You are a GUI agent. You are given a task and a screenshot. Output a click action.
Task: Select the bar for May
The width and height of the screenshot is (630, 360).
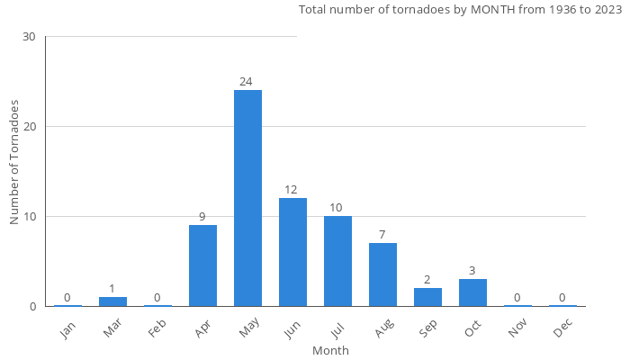pos(247,198)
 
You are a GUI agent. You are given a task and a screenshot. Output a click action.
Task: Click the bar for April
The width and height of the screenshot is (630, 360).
pos(202,265)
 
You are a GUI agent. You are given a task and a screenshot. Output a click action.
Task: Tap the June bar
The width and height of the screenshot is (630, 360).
pos(292,252)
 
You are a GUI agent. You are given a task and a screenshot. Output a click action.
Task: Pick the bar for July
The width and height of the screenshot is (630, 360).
pos(337,261)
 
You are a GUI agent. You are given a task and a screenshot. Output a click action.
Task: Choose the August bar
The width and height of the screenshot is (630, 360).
pos(382,274)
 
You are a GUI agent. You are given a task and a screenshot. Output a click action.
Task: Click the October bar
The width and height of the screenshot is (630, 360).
pos(472,292)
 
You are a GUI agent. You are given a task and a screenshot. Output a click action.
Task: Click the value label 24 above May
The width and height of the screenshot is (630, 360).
pos(246,82)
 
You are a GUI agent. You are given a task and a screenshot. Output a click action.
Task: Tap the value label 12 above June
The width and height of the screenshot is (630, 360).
pos(291,190)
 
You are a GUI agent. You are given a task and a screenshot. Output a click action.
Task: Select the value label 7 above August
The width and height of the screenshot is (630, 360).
pos(382,235)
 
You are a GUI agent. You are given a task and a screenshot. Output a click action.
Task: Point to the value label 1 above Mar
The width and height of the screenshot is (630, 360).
pos(112,289)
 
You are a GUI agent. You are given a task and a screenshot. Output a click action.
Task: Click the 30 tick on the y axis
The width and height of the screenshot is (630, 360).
pos(29,37)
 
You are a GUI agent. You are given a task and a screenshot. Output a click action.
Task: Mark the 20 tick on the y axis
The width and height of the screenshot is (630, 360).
pos(29,127)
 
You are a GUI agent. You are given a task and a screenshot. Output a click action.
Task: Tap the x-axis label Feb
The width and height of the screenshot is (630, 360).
pos(157,328)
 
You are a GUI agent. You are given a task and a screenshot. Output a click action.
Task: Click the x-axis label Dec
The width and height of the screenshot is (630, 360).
pos(562,328)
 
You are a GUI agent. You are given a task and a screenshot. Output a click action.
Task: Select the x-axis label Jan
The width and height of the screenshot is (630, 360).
pos(67,328)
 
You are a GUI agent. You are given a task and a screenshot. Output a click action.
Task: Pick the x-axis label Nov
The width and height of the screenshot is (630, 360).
pos(517,328)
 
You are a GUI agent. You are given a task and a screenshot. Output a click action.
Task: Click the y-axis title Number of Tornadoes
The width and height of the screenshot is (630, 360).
pos(15,163)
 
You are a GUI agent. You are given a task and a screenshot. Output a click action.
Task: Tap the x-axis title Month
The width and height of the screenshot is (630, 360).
pos(330,350)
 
